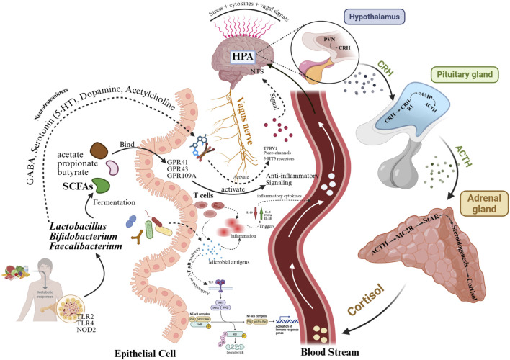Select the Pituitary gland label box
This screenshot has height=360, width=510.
pos(464,74)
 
